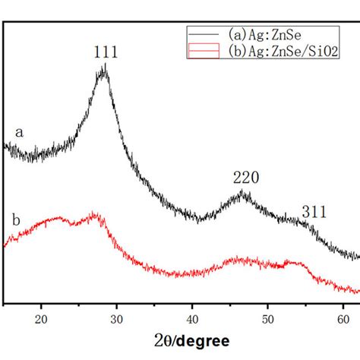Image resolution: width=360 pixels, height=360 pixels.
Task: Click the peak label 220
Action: pos(246,177)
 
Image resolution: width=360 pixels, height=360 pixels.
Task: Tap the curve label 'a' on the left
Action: pos(20,132)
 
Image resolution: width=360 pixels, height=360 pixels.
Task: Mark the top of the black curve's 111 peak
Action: pos(104,68)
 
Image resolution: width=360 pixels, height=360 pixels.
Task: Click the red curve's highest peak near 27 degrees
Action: pos(95,216)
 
